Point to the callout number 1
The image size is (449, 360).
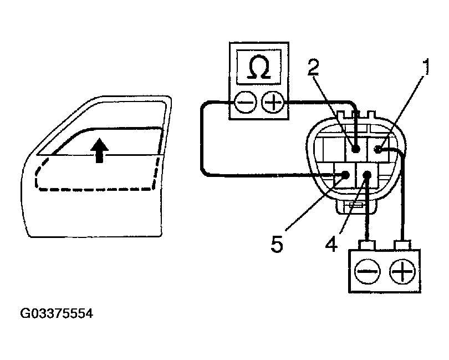[426, 69]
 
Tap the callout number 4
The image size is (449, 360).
[331, 244]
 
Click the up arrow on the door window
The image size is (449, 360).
[99, 150]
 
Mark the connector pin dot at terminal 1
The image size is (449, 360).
[379, 149]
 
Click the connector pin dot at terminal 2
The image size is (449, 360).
[355, 149]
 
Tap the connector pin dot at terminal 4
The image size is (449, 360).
[366, 175]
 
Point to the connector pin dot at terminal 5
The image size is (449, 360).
[345, 175]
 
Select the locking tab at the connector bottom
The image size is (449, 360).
[354, 206]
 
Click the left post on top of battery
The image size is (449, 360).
[366, 244]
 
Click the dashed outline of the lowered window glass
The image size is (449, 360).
[94, 190]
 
